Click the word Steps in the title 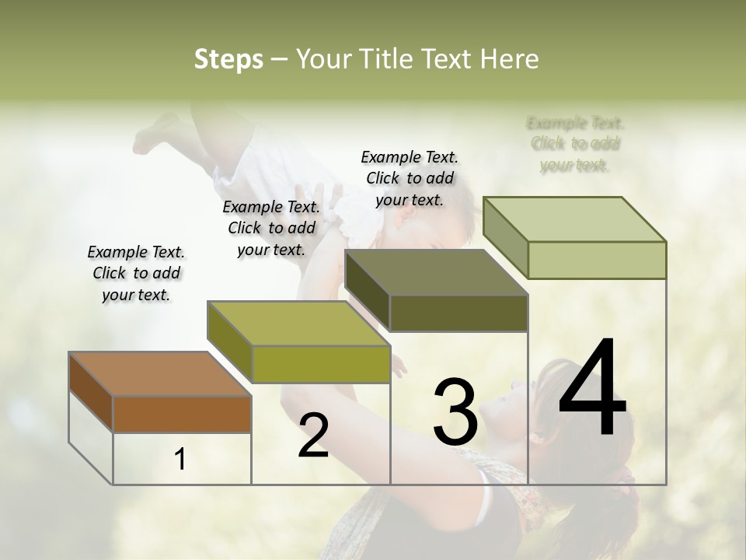(x=228, y=59)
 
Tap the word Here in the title (x=509, y=59)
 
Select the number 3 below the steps (x=455, y=411)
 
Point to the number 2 (x=313, y=436)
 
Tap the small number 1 (x=180, y=460)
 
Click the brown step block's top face (x=159, y=374)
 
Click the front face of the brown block (x=182, y=414)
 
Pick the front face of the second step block (x=320, y=364)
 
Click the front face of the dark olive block (x=458, y=313)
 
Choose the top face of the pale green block (x=574, y=219)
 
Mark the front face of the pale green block (x=597, y=260)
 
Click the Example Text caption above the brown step (x=136, y=273)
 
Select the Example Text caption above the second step (x=271, y=228)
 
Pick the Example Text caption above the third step (x=410, y=178)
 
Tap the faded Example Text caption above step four (x=575, y=144)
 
